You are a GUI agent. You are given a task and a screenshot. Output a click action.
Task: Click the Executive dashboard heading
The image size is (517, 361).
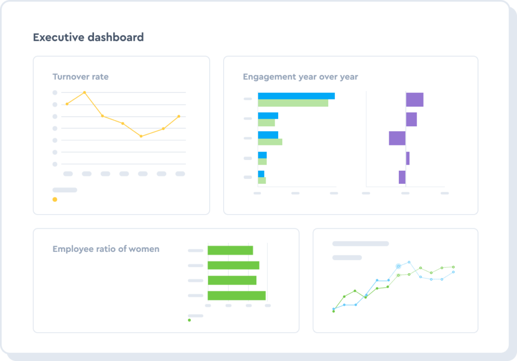coord(88,37)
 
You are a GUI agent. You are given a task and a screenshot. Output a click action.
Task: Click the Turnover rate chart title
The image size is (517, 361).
coord(80,77)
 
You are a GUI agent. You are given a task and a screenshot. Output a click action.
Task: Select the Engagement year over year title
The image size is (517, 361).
coord(300,77)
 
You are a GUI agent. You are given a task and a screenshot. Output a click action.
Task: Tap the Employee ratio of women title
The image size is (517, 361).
coord(106,249)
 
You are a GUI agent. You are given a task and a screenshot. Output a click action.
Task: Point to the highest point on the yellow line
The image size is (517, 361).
coord(84,92)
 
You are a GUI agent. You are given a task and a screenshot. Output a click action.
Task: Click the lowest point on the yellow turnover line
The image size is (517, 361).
coord(141,136)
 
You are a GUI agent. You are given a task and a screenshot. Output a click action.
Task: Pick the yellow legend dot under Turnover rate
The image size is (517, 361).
coord(55,199)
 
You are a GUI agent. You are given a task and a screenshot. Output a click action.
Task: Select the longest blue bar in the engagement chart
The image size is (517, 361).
coord(296,96)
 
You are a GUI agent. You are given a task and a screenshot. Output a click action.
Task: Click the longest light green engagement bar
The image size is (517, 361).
coord(293,103)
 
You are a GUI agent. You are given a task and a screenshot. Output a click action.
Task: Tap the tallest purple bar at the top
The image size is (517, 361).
coord(415,99)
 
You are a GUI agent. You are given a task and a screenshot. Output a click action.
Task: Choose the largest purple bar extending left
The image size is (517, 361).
coord(397,138)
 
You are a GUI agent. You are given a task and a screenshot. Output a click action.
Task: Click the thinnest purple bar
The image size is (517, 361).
coord(407,158)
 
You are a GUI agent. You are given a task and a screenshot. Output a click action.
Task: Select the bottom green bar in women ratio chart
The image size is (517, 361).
coord(236,295)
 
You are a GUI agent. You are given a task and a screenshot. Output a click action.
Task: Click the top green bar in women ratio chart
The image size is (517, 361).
coord(230,250)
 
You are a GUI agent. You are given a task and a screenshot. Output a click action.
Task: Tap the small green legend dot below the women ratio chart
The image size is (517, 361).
coord(189,320)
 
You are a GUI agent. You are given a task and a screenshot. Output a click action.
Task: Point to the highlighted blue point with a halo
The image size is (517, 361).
coord(398,266)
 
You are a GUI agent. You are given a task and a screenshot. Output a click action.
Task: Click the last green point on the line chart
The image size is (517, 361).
coord(453,267)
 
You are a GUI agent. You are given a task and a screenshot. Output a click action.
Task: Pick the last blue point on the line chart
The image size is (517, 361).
coord(453,272)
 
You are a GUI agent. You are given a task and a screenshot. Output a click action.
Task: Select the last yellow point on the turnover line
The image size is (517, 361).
coord(179,116)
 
